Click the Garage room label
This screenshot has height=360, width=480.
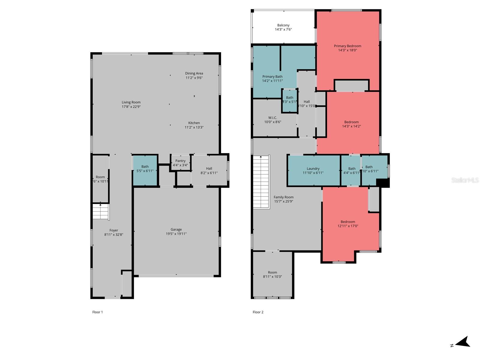[x=176, y=229]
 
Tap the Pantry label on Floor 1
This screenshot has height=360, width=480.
[x=180, y=161]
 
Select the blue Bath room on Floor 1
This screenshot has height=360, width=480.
[x=145, y=170]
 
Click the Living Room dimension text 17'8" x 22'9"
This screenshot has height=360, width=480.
[x=131, y=106]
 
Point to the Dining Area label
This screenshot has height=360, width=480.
[x=194, y=73]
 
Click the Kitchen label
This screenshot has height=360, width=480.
[x=194, y=123]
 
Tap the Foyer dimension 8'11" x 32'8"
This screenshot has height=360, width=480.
[x=114, y=235]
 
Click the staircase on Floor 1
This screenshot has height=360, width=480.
[x=100, y=211]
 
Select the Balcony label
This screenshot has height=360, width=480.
[x=283, y=25]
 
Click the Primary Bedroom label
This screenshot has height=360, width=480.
[x=347, y=46]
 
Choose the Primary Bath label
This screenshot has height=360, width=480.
[x=272, y=76]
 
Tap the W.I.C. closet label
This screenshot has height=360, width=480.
[x=272, y=118]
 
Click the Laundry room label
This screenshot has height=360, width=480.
[x=313, y=169]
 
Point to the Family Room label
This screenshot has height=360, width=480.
[x=283, y=197]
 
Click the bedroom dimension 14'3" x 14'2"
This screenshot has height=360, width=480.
[x=351, y=126]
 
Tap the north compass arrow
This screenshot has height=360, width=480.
[x=463, y=342]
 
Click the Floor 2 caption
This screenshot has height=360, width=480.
[x=258, y=312]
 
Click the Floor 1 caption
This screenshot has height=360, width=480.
[x=97, y=312]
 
